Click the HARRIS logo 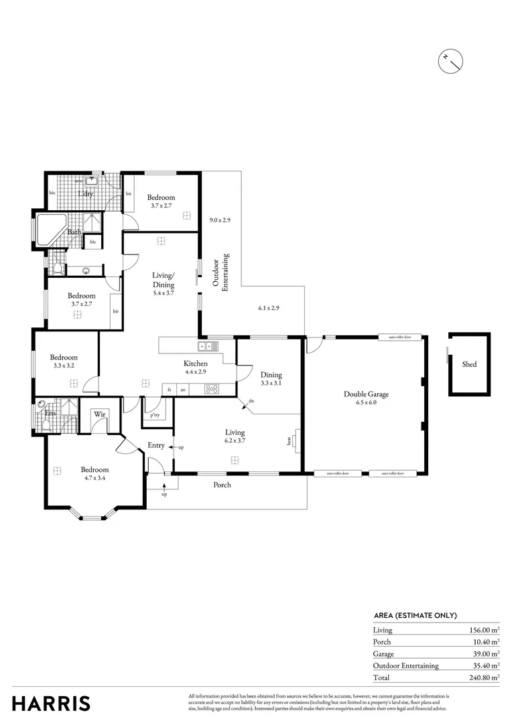[x=51, y=703]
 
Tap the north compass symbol [x=450, y=62]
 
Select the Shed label [x=469, y=364]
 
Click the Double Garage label [x=366, y=394]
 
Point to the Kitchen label [x=196, y=364]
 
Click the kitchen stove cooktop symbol [x=212, y=389]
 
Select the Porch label [x=222, y=484]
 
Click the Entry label [x=156, y=445]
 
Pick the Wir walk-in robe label [x=101, y=415]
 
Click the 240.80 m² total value [x=483, y=677]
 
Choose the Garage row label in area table [x=383, y=654]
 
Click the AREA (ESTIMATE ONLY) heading [x=415, y=615]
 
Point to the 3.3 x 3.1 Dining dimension [x=271, y=384]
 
